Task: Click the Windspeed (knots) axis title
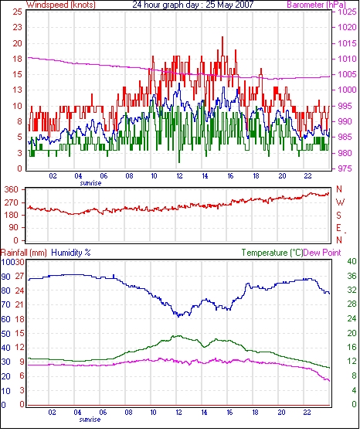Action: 61,5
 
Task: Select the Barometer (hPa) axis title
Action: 317,5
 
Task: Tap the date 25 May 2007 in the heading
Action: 229,5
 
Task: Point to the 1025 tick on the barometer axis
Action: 347,12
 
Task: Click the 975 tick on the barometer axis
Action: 345,168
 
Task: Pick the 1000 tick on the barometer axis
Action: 347,90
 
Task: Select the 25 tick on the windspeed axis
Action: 17,12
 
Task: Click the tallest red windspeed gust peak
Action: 222,37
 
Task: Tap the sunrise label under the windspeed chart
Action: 90,183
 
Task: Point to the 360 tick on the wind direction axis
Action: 12,190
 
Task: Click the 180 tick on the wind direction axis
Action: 12,215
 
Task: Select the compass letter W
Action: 340,202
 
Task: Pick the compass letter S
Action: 338,215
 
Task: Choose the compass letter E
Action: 338,228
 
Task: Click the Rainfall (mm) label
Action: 24,253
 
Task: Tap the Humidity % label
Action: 71,253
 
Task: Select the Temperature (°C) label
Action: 272,253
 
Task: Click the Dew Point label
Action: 322,253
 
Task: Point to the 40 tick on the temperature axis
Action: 352,261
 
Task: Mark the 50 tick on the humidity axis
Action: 6,334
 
